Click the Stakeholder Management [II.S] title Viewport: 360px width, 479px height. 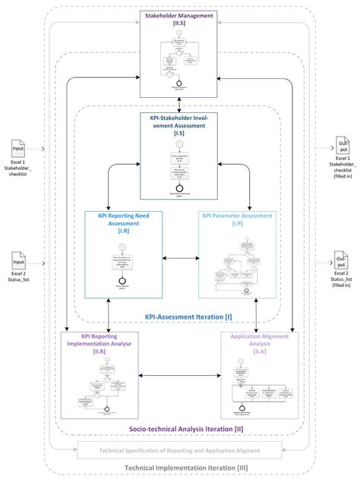pyautogui.click(x=180, y=18)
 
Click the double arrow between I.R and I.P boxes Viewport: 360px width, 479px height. pyautogui.click(x=181, y=260)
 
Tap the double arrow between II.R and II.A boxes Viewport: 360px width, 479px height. pyautogui.click(x=181, y=374)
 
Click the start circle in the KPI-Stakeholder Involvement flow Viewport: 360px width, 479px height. pyautogui.click(x=180, y=145)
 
